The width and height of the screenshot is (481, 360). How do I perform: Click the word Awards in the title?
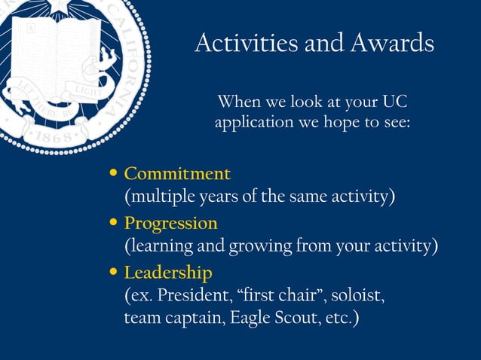(392, 43)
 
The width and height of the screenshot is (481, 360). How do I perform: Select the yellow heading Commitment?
(177, 173)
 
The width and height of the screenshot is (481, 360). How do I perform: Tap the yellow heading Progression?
(170, 224)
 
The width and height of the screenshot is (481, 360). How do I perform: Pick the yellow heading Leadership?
(168, 272)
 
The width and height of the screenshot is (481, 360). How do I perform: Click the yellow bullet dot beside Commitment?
(114, 173)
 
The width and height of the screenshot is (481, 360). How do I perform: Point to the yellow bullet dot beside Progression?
(114, 223)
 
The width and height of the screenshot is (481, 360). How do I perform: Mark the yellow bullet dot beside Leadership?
(114, 272)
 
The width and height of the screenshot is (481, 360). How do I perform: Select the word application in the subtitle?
(252, 122)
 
